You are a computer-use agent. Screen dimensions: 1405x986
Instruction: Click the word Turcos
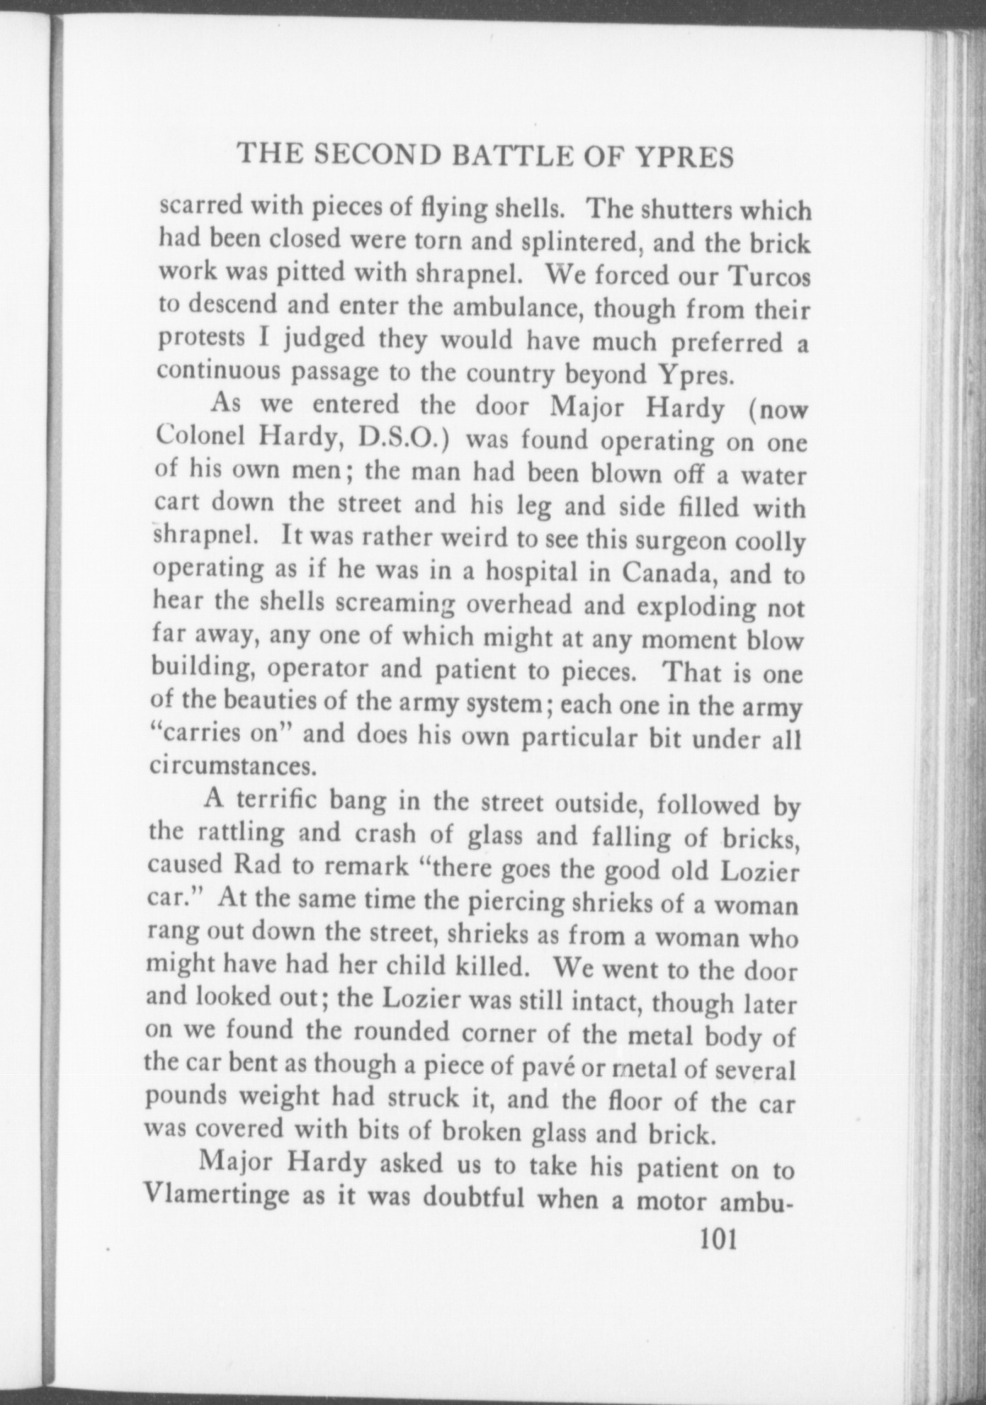pyautogui.click(x=770, y=276)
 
